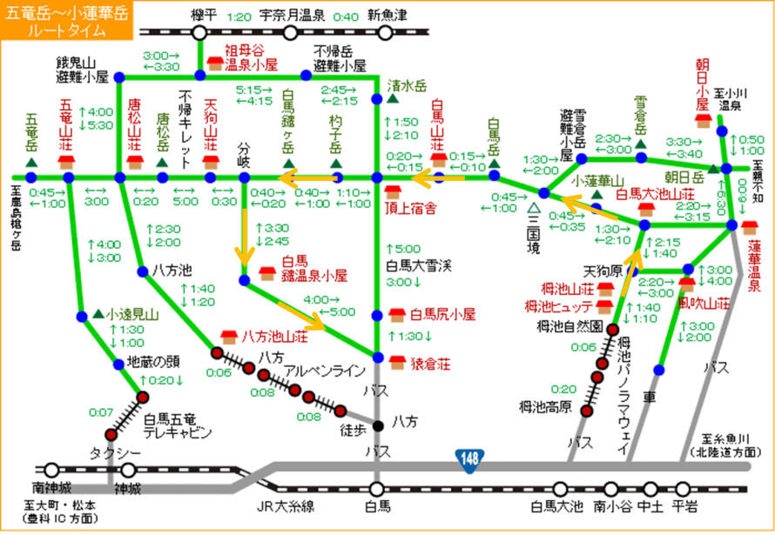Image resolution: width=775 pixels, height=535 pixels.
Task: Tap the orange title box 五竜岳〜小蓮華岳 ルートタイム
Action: point(67,19)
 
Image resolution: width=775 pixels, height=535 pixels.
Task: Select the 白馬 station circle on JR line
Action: point(377,487)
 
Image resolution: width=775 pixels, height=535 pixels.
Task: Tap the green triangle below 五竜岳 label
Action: point(31,163)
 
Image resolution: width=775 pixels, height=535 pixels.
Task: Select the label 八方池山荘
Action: point(273,335)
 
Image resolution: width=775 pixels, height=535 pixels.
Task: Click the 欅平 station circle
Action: point(200,32)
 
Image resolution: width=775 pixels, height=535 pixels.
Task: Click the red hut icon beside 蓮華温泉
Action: point(749,227)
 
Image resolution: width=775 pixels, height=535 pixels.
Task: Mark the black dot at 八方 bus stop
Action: point(377,425)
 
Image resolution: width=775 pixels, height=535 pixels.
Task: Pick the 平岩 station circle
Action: point(682,487)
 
